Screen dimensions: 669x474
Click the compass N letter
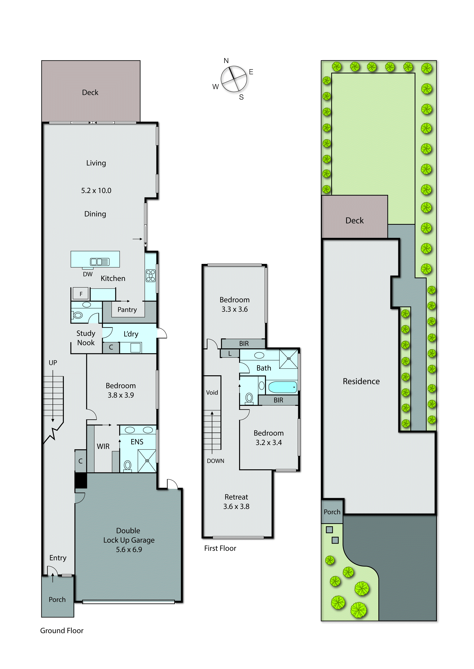pyautogui.click(x=226, y=61)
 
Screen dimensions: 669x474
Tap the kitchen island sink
pyautogui.click(x=100, y=262)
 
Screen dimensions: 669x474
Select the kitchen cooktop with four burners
pyautogui.click(x=151, y=275)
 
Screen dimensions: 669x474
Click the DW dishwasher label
pyautogui.click(x=88, y=274)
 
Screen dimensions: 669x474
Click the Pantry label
pyautogui.click(x=127, y=310)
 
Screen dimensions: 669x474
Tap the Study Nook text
pyautogui.click(x=86, y=338)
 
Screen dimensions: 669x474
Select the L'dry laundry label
pyautogui.click(x=131, y=334)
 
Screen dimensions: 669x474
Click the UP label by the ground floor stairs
pyautogui.click(x=53, y=363)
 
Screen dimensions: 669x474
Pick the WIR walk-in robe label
pyautogui.click(x=103, y=446)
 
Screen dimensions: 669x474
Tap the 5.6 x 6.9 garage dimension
pyautogui.click(x=129, y=550)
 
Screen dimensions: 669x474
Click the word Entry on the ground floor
pyautogui.click(x=58, y=558)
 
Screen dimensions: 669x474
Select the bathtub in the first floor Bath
pyautogui.click(x=282, y=387)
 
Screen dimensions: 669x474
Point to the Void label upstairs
pyautogui.click(x=212, y=393)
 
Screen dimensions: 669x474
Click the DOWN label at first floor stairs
pyautogui.click(x=215, y=461)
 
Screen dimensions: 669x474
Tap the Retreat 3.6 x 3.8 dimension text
pyautogui.click(x=236, y=507)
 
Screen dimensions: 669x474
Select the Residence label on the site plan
pyautogui.click(x=361, y=381)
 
